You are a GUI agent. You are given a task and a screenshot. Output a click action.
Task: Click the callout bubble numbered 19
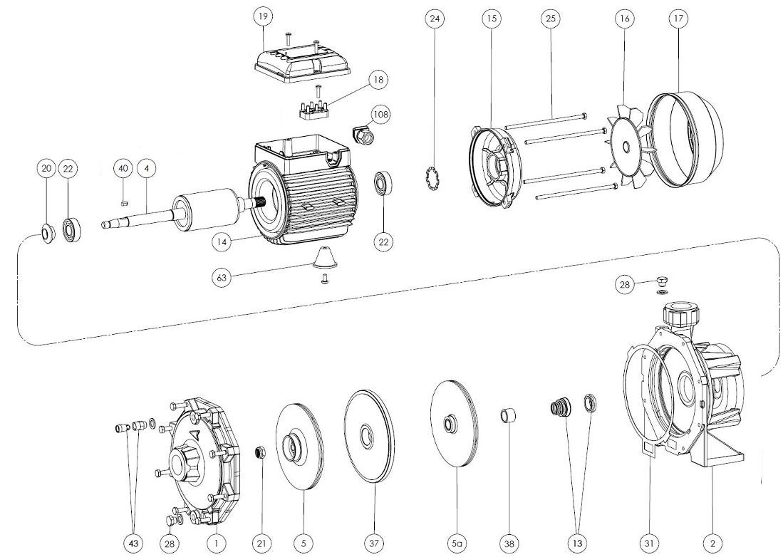(x=263, y=16)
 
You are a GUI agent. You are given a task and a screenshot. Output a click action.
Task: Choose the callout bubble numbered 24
(x=435, y=19)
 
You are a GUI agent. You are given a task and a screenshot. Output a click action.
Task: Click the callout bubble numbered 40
(x=123, y=169)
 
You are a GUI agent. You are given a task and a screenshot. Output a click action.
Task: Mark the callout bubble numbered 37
(x=375, y=543)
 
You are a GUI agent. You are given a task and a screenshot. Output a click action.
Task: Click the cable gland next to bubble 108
(x=363, y=134)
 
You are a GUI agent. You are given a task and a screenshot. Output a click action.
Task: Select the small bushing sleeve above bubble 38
(x=509, y=416)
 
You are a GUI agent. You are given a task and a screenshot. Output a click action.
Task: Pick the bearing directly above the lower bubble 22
(x=383, y=186)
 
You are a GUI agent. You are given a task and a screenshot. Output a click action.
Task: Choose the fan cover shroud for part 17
(x=685, y=140)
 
